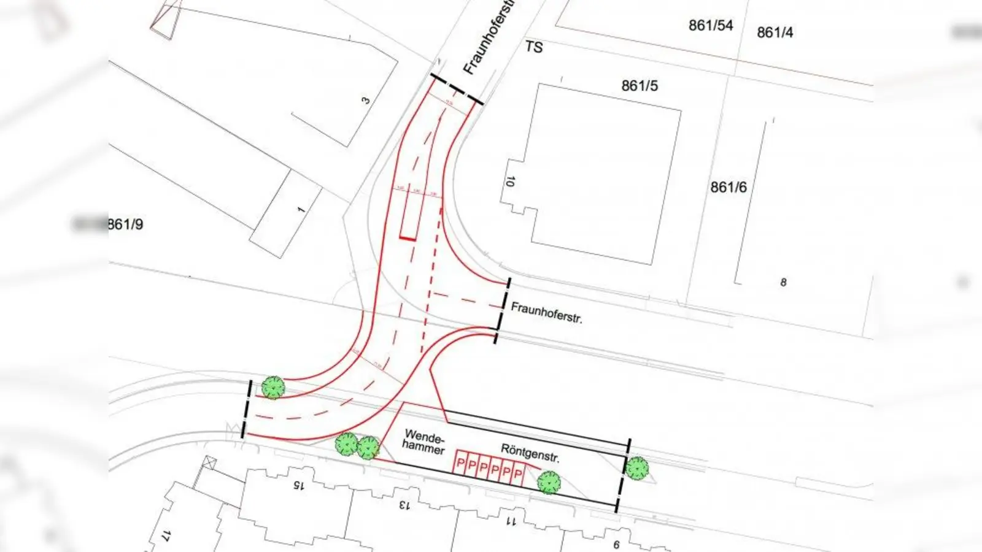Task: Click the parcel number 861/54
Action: tap(711, 26)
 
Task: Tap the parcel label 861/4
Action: tap(775, 33)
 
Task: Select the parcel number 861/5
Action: tap(640, 86)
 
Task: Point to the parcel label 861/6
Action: tap(729, 187)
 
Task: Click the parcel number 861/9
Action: tap(125, 224)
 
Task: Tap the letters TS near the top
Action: tap(534, 47)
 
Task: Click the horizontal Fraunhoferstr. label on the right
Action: tap(546, 312)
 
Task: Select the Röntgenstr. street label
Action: tap(530, 453)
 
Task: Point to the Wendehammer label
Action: tap(423, 443)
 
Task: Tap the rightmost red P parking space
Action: tap(518, 475)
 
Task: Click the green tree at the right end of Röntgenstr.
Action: tap(637, 468)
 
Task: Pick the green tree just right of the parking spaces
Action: tap(549, 483)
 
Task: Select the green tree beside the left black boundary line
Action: tap(273, 388)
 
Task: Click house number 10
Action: tap(509, 182)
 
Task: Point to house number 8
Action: tap(783, 282)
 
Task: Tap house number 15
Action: tap(298, 485)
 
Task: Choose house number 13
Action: tap(403, 505)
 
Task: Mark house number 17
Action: tap(165, 535)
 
